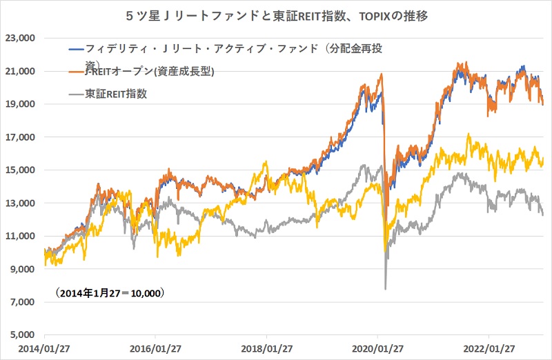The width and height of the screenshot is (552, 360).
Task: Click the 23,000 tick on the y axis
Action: tap(21, 39)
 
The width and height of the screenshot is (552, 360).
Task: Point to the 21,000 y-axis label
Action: tap(21, 72)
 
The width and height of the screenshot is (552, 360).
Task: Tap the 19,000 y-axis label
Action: tap(21, 105)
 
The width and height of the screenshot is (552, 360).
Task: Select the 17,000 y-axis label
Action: tap(21, 137)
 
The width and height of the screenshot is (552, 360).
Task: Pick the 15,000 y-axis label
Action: tap(21, 170)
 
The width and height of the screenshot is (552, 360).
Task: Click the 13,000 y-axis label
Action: tap(21, 203)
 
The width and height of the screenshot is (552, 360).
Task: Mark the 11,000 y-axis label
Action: tap(21, 237)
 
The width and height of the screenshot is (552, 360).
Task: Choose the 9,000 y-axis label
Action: tap(23, 269)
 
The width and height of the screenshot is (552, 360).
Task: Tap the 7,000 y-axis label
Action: tap(23, 302)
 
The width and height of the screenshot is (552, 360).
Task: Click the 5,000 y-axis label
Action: tap(23, 335)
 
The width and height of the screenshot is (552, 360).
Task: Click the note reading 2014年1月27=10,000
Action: tap(108, 293)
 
